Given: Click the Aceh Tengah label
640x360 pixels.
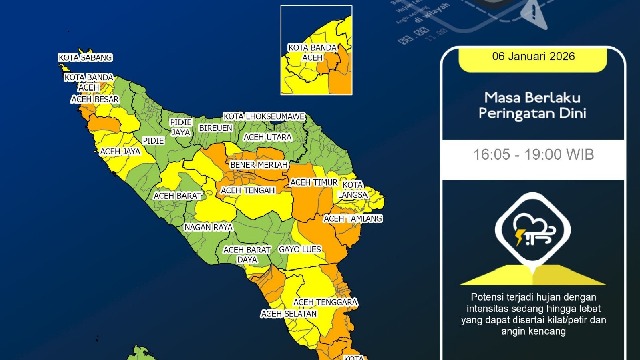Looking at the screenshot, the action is point(247,188).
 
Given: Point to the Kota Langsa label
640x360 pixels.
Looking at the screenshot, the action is point(354,190).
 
